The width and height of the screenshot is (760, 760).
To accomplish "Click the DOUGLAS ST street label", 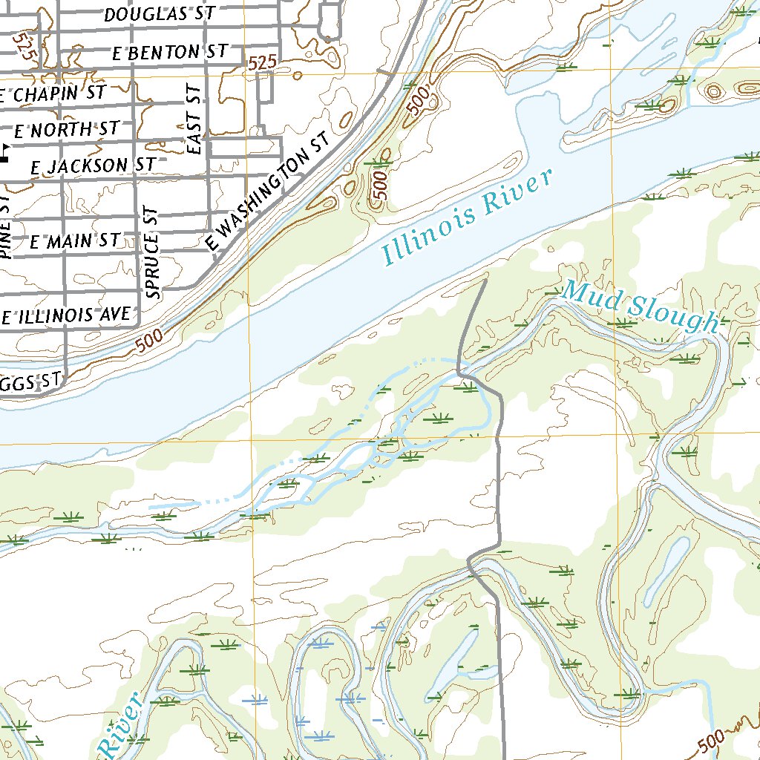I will click(160, 14).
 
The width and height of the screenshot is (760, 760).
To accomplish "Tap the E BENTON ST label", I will click(169, 53).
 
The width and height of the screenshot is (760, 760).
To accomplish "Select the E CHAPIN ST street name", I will click(53, 94).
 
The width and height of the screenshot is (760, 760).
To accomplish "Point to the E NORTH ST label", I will click(65, 130).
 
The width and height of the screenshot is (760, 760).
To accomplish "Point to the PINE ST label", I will click(6, 227).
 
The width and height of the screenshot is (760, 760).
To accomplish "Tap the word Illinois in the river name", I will click(427, 230).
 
